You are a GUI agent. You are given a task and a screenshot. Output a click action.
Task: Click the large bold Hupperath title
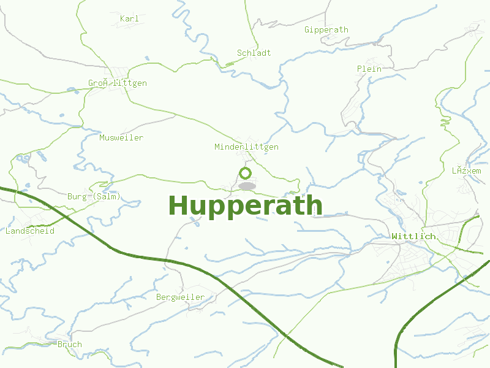pyautogui.click(x=245, y=205)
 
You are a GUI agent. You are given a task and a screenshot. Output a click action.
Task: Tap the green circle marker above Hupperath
pyautogui.click(x=246, y=173)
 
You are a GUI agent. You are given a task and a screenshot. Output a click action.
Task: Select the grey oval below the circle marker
pyautogui.click(x=247, y=186)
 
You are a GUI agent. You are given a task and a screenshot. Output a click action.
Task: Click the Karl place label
pyautogui.click(x=129, y=19)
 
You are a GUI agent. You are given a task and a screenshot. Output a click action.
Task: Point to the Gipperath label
pyautogui.click(x=326, y=29)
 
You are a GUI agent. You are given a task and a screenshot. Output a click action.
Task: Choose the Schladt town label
pyautogui.click(x=254, y=53)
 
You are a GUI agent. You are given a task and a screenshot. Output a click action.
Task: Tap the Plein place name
pyautogui.click(x=369, y=69)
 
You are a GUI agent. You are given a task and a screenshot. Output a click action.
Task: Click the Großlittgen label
pyautogui.click(x=118, y=83)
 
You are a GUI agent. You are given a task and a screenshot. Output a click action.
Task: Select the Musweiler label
pyautogui.click(x=121, y=137)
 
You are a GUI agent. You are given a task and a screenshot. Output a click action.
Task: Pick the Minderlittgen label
pyautogui.click(x=246, y=147)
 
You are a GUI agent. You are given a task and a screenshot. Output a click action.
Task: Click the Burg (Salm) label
pyautogui.click(x=94, y=197)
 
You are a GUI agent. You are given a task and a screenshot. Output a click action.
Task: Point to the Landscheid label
pyautogui.click(x=29, y=231)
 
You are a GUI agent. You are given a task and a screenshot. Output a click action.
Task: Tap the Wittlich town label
pyautogui.click(x=413, y=236)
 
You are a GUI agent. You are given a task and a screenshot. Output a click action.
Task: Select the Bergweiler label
pyautogui.click(x=180, y=297)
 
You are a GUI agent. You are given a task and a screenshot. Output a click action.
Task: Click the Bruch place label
pyautogui.click(x=69, y=345)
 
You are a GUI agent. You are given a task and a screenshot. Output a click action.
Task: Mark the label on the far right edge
pyautogui.click(x=466, y=171)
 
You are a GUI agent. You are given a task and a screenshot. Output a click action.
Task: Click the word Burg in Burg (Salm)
pyautogui.click(x=77, y=197)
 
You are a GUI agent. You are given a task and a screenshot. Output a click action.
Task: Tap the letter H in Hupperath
pyautogui.click(x=178, y=205)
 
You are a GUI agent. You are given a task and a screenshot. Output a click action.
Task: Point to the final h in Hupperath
pyautogui.click(x=314, y=205)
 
